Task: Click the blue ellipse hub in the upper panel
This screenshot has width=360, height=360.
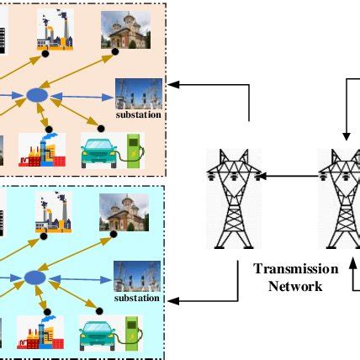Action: [36, 96]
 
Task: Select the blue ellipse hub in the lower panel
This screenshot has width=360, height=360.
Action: [34, 277]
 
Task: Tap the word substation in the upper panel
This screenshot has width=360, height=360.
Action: [138, 115]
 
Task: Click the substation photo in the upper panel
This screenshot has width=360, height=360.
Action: [137, 93]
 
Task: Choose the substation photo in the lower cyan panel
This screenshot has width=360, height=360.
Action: [137, 276]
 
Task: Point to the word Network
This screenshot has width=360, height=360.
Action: [294, 285]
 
